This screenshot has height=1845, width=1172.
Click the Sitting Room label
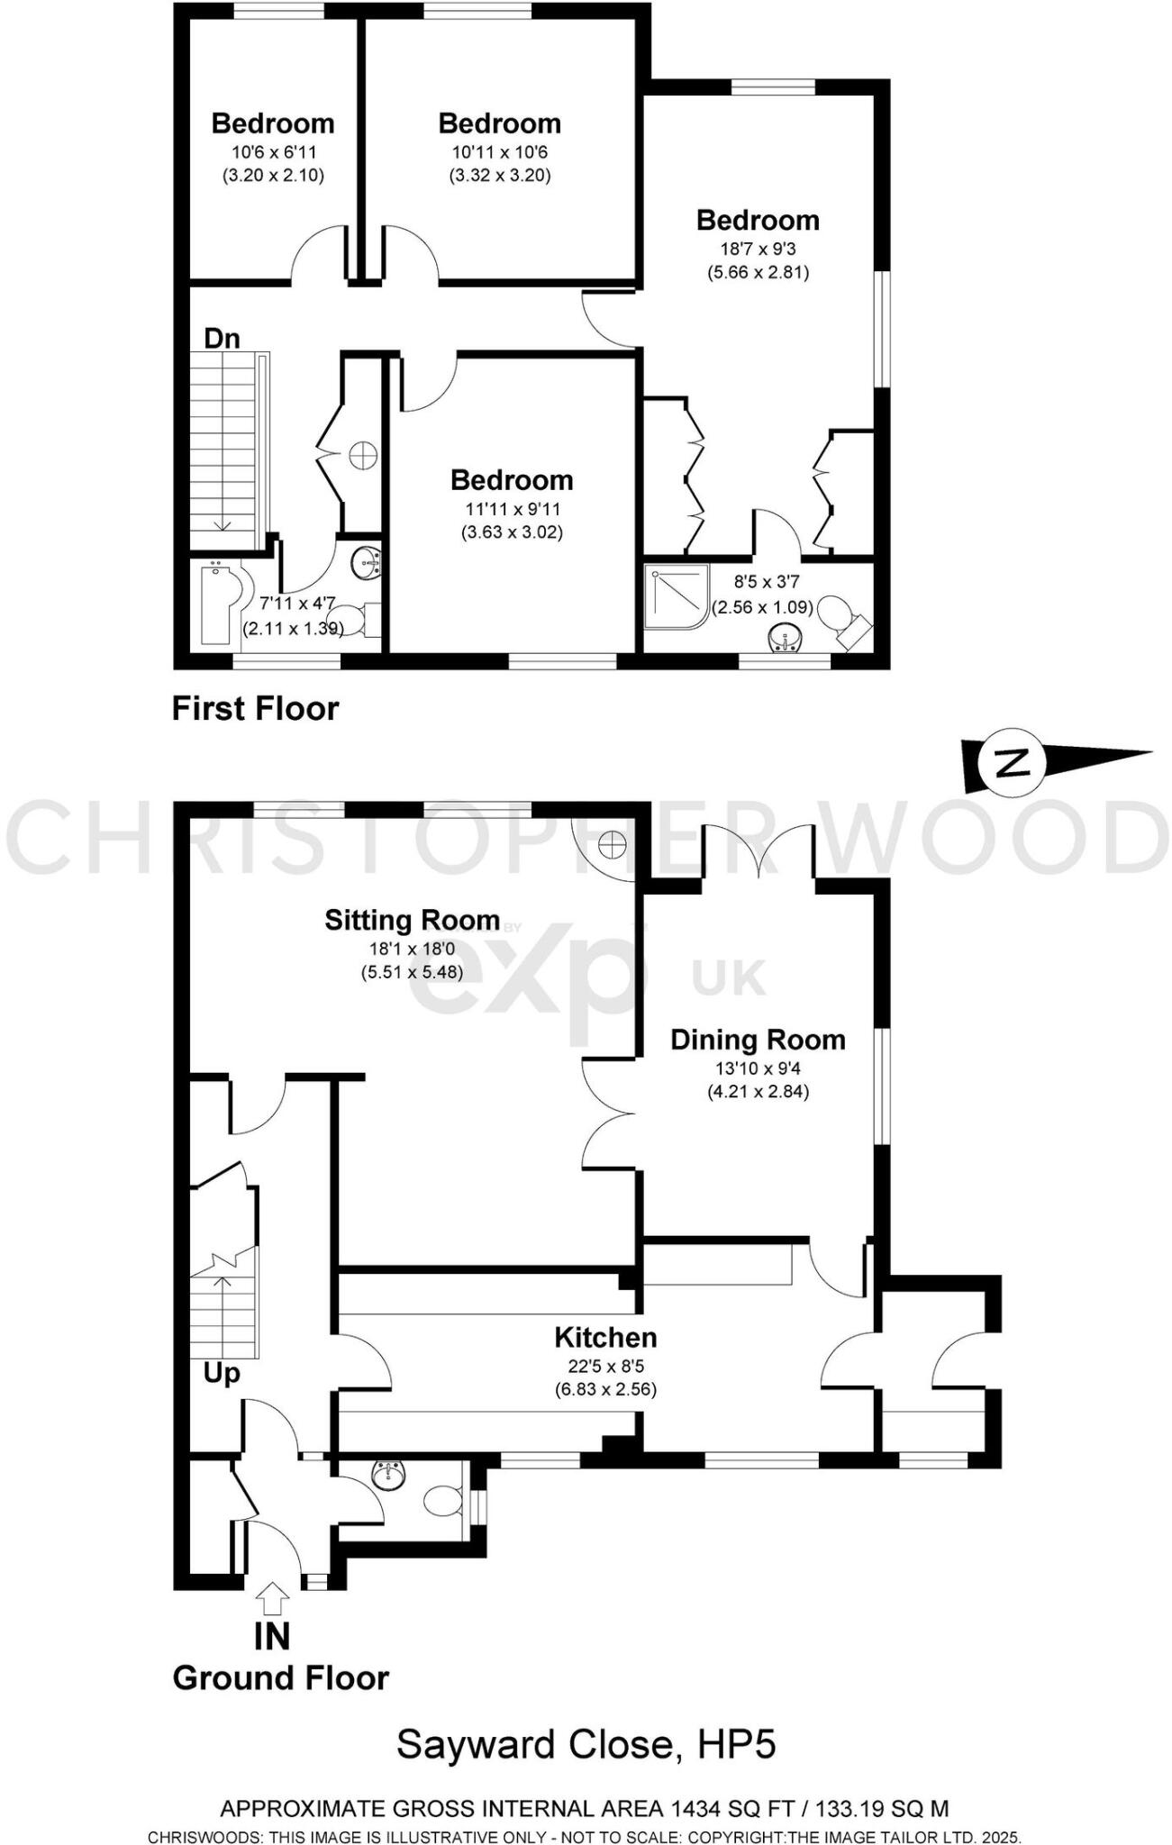(x=412, y=920)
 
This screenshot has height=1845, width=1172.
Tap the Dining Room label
(x=758, y=1040)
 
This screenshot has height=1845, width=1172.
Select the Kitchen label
(x=605, y=1337)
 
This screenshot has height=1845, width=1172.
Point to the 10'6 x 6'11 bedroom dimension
(x=273, y=152)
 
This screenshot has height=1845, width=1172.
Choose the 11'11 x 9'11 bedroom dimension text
(x=512, y=509)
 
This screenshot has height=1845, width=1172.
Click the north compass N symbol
(x=1013, y=764)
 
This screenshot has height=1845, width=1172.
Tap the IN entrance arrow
(x=272, y=1598)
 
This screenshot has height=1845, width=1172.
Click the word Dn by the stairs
(x=222, y=339)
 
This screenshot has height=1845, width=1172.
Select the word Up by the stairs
(x=222, y=1373)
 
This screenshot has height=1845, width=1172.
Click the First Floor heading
(x=255, y=709)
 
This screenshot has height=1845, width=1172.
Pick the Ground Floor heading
(x=280, y=1677)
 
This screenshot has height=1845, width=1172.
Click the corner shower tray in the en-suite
(x=676, y=595)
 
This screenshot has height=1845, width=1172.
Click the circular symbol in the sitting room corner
(x=612, y=844)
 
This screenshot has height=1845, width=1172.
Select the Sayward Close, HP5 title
(x=586, y=1745)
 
